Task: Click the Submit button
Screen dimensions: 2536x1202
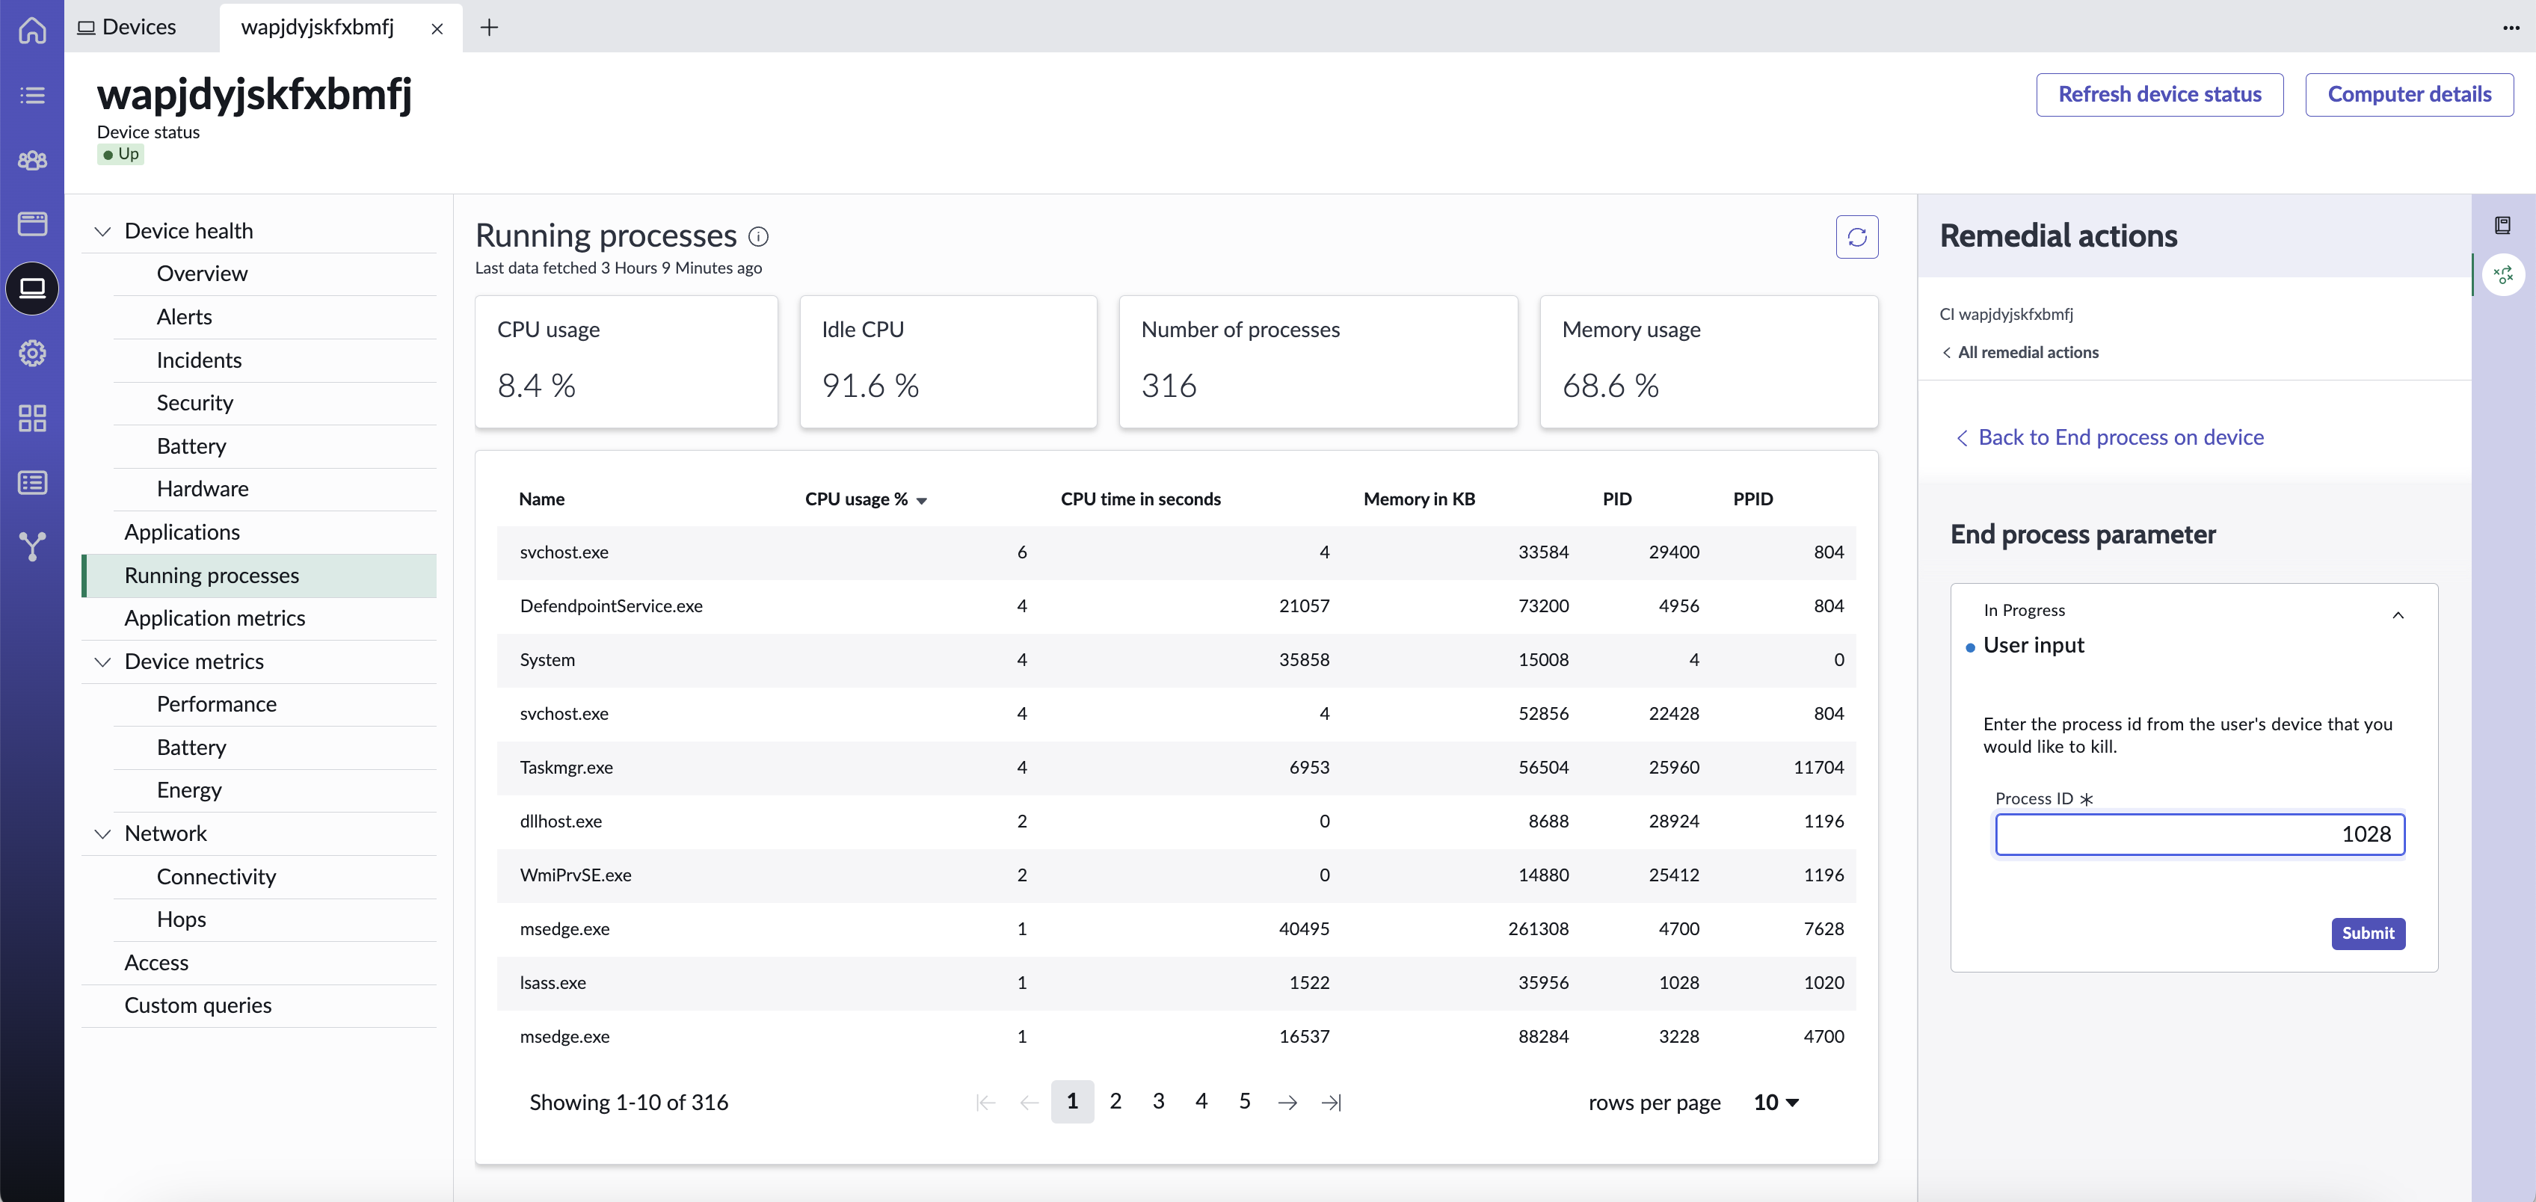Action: click(2368, 933)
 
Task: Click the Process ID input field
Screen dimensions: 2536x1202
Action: click(2200, 835)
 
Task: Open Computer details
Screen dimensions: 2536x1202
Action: click(2409, 94)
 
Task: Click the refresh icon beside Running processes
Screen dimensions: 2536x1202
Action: click(1856, 237)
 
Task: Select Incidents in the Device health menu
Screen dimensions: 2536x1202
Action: click(199, 360)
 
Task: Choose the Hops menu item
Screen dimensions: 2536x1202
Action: click(181, 919)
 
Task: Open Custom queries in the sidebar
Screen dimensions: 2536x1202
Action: click(198, 1005)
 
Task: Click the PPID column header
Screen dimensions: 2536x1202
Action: click(1752, 499)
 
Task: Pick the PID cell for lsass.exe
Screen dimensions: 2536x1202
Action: click(1678, 982)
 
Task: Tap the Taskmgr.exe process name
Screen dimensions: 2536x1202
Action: click(566, 767)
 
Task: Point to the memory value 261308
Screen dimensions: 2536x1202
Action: click(1538, 928)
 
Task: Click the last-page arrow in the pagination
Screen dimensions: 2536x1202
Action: click(1331, 1103)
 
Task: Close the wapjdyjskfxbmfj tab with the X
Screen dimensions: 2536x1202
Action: click(437, 28)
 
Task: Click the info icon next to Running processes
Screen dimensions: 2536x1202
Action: click(758, 236)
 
